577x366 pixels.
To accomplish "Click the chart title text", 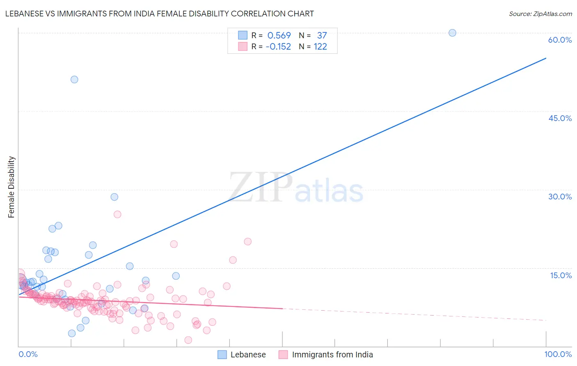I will click(159, 14).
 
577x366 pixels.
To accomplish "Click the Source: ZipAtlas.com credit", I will click(540, 14).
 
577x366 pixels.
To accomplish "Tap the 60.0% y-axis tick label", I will click(560, 40).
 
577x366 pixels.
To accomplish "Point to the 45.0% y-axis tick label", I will click(560, 118).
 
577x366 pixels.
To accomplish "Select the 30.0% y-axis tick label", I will click(560, 197).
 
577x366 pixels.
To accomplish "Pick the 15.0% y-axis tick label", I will click(561, 275).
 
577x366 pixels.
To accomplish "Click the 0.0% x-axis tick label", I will click(28, 354).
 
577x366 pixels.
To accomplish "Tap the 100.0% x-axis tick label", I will click(558, 354).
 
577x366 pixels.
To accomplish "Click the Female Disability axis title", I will click(11, 187).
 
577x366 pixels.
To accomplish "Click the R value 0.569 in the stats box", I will click(279, 36).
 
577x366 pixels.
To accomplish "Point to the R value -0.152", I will click(278, 47).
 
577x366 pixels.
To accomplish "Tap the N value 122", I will click(321, 47).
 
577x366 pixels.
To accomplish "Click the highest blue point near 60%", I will click(452, 33).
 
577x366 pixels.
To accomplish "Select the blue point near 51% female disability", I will click(74, 80).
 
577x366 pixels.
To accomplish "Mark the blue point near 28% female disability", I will click(114, 197).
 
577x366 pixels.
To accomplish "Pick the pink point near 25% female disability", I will click(117, 214).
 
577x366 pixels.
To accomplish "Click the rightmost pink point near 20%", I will click(247, 242).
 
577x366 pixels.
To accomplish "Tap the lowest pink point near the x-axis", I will click(188, 340).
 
